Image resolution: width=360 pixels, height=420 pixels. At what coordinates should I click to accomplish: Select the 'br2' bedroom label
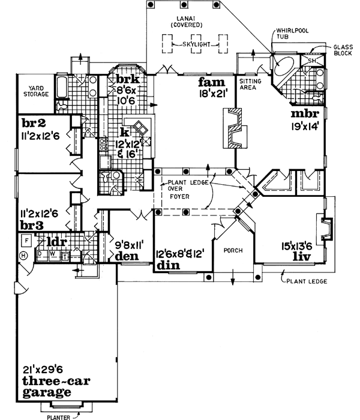point(34,124)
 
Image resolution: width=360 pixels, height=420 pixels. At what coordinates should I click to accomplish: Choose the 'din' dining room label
point(169,263)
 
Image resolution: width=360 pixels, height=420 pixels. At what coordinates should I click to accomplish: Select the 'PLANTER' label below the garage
point(60,415)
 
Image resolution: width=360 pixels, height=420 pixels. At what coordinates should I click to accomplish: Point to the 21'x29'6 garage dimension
point(44,370)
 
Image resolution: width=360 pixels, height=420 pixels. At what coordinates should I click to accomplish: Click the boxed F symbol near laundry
point(26,240)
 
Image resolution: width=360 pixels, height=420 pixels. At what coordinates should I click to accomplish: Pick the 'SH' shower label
point(312,61)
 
